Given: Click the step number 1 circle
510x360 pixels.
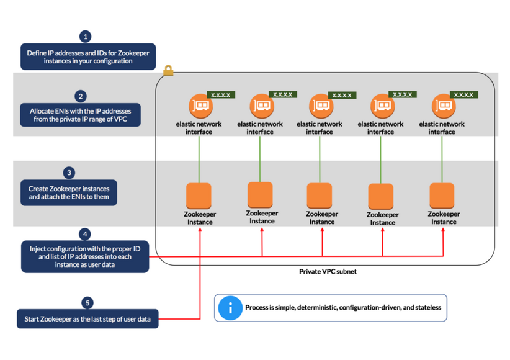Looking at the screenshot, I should (x=86, y=37).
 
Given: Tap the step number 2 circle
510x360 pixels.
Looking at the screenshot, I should (x=81, y=96).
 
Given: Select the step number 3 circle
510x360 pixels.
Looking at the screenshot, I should (x=69, y=173).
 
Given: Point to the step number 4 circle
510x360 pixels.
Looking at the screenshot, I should (x=85, y=234).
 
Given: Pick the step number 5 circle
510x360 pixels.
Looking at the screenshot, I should (x=87, y=303).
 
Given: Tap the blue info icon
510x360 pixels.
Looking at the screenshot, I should (x=230, y=307).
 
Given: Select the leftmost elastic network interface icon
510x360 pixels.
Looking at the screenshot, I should (x=199, y=106).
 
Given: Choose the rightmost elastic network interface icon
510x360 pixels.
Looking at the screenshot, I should (x=442, y=106).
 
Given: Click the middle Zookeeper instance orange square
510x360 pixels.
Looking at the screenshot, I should (x=320, y=196).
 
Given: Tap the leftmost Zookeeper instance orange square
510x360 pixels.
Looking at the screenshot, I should (x=199, y=196).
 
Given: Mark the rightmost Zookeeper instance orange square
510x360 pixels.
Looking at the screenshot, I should (x=442, y=196).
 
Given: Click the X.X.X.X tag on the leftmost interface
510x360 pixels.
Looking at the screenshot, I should (x=221, y=95).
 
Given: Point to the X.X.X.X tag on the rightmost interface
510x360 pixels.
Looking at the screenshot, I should (x=464, y=95).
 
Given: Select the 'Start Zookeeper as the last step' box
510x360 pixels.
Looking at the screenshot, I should (x=87, y=319).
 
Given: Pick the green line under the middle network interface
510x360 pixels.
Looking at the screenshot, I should (x=320, y=158).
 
